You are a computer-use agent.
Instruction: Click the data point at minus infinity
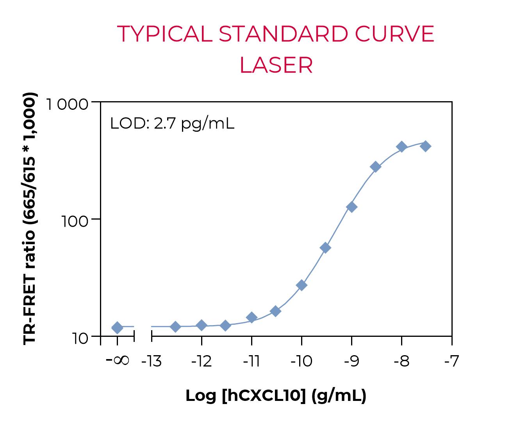point(117,328)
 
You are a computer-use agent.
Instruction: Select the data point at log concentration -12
point(202,325)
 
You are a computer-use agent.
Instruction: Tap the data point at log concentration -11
point(252,318)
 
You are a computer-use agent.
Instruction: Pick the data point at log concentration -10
point(301,285)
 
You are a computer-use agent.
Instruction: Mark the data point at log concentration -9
point(351,207)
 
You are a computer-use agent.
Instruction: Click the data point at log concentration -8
point(401,147)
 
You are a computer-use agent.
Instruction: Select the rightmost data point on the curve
point(426,147)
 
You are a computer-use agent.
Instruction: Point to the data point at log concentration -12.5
point(176,327)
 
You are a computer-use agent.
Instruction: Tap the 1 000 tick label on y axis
point(67,105)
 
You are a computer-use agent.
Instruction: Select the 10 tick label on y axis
point(80,338)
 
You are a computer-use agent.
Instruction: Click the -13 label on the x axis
point(151,362)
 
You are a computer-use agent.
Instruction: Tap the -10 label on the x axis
point(301,362)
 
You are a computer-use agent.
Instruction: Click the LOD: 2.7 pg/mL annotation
point(172,124)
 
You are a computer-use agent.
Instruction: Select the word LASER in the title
point(276,65)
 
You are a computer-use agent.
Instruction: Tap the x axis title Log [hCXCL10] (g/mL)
point(276,396)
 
